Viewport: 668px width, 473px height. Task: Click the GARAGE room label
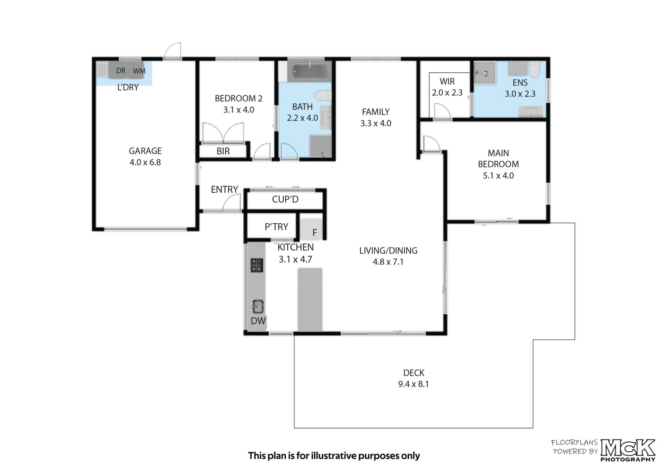(x=145, y=151)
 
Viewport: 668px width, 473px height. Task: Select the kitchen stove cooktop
(x=257, y=265)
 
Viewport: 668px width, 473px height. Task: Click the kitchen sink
(x=258, y=306)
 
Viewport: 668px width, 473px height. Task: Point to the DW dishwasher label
(x=258, y=321)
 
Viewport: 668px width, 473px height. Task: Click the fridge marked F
(x=311, y=229)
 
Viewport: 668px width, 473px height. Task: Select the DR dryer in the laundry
(x=118, y=70)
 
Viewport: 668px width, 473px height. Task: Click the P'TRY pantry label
(x=276, y=227)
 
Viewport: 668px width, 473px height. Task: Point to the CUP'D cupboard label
(x=285, y=199)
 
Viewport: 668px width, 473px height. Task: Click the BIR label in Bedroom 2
(x=223, y=151)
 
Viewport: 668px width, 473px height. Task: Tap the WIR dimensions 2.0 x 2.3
(x=447, y=93)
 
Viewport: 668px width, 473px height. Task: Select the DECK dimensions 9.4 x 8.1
(x=414, y=384)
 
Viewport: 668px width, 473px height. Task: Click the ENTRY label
(x=224, y=189)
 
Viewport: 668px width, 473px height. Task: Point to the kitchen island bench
(x=310, y=300)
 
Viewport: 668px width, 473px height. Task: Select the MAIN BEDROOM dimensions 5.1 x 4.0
(x=498, y=176)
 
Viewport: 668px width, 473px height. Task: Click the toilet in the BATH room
(x=323, y=96)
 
